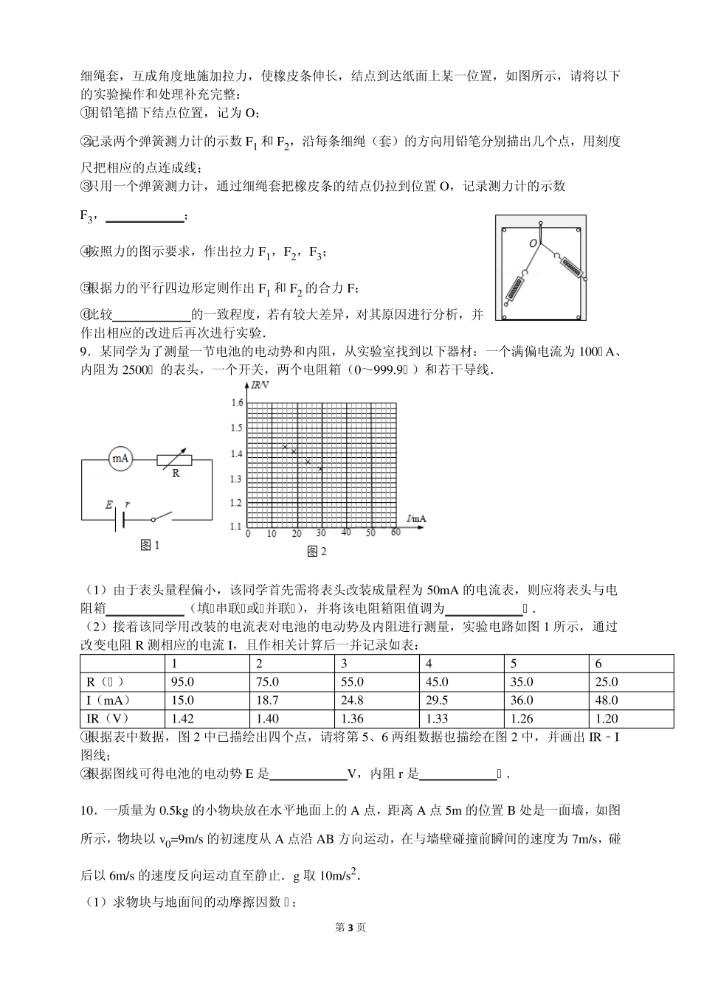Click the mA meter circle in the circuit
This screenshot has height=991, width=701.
[x=120, y=459]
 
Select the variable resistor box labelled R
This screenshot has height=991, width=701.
[x=175, y=460]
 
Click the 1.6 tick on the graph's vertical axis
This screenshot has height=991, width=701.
[x=237, y=403]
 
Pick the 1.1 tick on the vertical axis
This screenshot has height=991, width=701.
[x=237, y=526]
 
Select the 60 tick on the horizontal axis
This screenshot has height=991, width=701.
[x=396, y=533]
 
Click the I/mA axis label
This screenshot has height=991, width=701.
[x=416, y=519]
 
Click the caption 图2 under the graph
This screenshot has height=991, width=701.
[x=316, y=551]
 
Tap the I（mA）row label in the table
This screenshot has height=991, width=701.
[x=105, y=700]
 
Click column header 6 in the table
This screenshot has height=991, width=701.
[x=598, y=664]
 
